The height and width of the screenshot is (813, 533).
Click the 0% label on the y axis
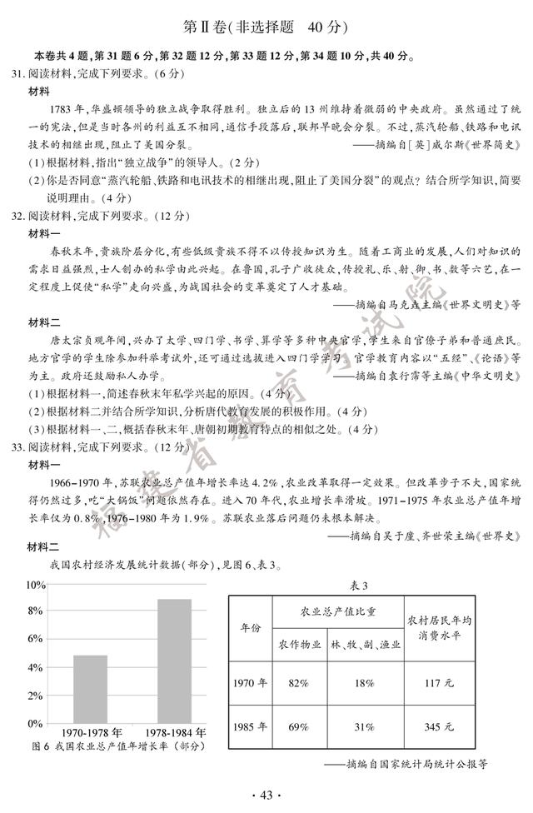pos(34,723)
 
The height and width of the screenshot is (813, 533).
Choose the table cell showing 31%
pos(365,726)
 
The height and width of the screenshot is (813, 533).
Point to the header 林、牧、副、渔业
pos(365,645)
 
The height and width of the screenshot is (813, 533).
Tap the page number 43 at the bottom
pos(266,795)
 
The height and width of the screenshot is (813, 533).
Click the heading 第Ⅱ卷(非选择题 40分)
pos(266,27)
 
